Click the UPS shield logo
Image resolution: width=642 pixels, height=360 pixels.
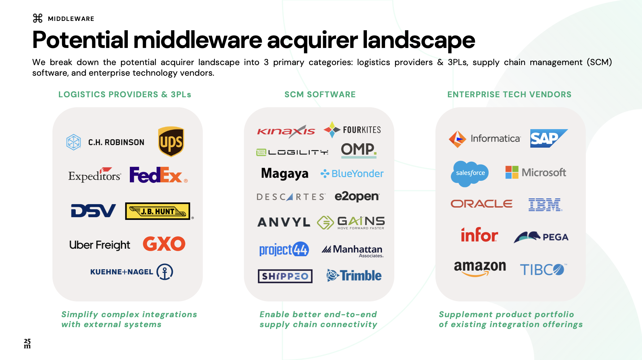[171, 141]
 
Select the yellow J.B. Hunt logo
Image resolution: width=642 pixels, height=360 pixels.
[158, 211]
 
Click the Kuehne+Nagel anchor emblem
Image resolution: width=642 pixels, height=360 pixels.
[165, 272]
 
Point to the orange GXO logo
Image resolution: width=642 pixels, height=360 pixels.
[164, 244]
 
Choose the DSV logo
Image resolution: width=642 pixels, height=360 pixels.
[93, 211]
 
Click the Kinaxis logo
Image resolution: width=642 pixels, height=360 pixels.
[286, 131]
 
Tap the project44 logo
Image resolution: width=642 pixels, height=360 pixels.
[284, 250]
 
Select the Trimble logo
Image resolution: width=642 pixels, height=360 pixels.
[354, 275]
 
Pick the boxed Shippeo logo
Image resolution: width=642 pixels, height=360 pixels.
[285, 276]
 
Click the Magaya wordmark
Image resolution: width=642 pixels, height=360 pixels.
[285, 174]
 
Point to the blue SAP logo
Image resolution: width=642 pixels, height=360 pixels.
[548, 138]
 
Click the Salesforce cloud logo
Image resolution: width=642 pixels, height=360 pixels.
[470, 173]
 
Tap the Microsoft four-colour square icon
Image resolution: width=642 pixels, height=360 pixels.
[512, 172]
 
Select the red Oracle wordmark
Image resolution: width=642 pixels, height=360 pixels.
[481, 204]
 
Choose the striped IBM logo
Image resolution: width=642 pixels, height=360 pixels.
[545, 204]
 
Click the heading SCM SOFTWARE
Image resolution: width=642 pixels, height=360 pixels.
[320, 95]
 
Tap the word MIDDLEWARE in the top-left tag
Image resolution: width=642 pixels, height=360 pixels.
[71, 19]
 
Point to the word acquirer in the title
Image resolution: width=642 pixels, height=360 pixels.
[312, 40]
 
